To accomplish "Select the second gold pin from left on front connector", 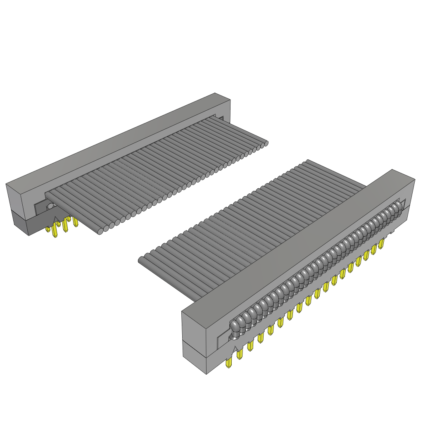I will tap(240, 354).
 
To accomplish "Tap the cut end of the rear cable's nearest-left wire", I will tap(100, 232).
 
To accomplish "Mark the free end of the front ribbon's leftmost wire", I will tap(141, 260).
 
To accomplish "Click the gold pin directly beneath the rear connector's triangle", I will tap(55, 233).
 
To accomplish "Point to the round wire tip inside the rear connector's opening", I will tap(50, 206).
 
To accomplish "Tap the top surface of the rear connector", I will tap(120, 140).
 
